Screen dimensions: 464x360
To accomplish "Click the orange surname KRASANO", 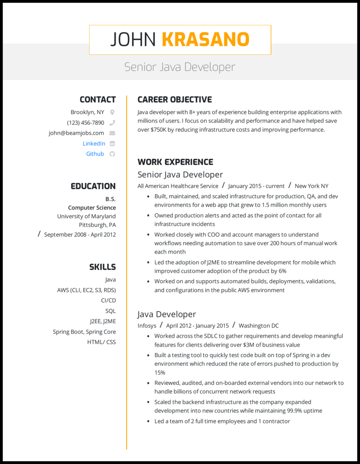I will click(x=205, y=40).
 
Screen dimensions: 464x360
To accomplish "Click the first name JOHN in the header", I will click(x=133, y=40).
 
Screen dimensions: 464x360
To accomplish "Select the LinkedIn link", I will click(x=94, y=143).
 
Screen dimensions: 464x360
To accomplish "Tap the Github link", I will click(x=95, y=154).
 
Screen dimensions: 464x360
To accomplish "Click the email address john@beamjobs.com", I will click(x=76, y=133).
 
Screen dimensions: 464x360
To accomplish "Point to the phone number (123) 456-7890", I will click(x=85, y=123).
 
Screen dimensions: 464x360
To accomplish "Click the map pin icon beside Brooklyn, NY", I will click(x=112, y=112).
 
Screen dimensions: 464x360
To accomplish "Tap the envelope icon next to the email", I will click(x=112, y=133).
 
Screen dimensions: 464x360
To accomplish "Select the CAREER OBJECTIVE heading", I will click(x=175, y=100).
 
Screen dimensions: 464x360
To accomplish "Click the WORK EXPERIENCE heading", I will click(x=175, y=162).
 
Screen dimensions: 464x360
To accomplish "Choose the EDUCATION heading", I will click(x=93, y=186).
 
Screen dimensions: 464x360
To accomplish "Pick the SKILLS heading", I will click(x=102, y=267).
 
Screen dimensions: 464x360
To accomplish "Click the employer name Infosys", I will click(x=147, y=326).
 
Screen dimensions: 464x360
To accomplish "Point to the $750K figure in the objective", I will click(x=161, y=129).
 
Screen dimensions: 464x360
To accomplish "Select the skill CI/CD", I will click(x=108, y=300).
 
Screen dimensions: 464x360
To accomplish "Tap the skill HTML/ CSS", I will click(x=101, y=342).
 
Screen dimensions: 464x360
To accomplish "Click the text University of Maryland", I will click(x=86, y=216).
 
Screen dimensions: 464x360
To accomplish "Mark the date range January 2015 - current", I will click(x=256, y=186).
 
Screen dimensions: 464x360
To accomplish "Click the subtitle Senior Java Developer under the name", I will click(x=180, y=67).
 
